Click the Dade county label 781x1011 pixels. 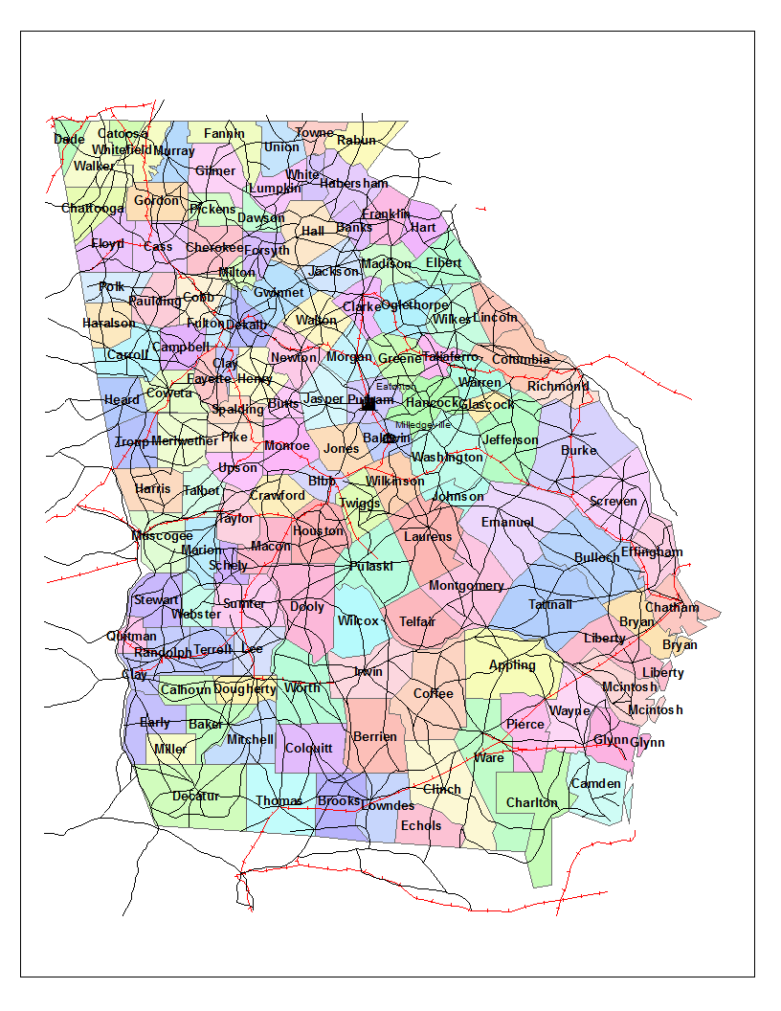69,140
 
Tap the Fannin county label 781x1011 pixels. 224,134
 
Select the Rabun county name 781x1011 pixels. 357,141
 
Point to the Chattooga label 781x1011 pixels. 93,209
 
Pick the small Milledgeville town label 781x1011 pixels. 423,424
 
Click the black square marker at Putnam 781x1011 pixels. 368,404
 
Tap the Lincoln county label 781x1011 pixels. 496,318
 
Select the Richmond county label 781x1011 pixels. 558,387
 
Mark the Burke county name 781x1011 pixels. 579,450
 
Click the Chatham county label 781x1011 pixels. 672,608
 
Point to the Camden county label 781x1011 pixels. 596,784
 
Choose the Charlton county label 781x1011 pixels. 531,803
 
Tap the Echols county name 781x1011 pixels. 421,826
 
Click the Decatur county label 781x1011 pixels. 196,797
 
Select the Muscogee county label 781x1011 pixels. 162,536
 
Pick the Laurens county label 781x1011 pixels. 428,537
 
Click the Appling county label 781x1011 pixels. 512,665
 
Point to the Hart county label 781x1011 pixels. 423,228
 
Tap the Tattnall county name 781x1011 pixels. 550,605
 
